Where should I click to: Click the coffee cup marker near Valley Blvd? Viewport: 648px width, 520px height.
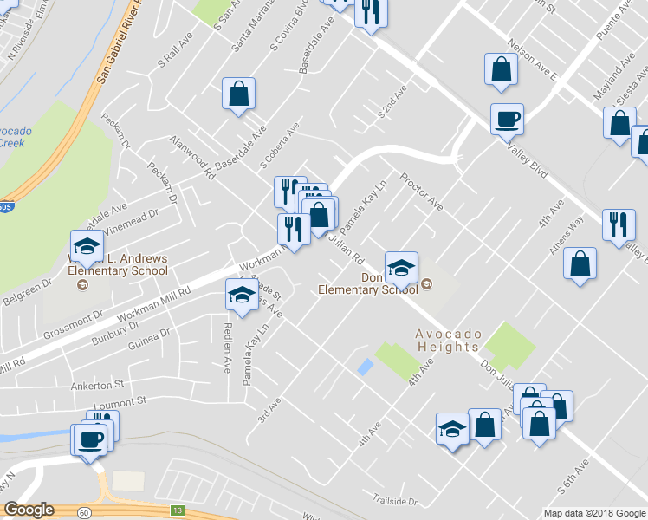point(507,119)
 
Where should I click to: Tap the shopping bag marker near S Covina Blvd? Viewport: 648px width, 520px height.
point(238,94)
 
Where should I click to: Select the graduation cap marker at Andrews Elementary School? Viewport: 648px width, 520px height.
point(87,247)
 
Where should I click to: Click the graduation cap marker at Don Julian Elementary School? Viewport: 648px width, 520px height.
point(401,268)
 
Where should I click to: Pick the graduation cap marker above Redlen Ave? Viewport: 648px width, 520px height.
point(242,295)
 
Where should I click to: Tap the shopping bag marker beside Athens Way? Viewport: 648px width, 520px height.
point(580,264)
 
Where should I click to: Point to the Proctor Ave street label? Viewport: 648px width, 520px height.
point(421,192)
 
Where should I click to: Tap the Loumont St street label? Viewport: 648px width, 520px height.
point(121,402)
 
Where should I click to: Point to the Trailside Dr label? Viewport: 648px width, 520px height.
point(395,501)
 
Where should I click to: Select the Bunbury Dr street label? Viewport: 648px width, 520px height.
point(109,330)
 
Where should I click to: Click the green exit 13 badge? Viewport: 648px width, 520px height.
point(178,510)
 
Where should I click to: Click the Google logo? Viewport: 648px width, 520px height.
point(29,510)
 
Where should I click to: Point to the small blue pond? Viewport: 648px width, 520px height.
point(365,367)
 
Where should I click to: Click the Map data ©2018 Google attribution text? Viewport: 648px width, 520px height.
point(594,513)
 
